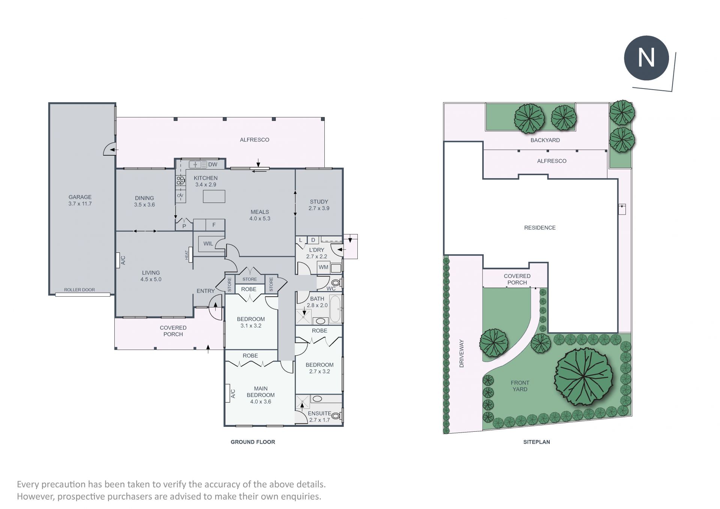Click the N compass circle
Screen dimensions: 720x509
pos(646,58)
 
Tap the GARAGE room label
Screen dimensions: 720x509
pos(80,197)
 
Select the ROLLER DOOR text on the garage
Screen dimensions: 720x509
pos(79,290)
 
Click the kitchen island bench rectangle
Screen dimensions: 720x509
pos(214,196)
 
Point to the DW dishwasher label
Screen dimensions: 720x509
pos(213,164)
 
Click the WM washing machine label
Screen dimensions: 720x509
pos(323,267)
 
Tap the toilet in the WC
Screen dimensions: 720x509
pos(336,282)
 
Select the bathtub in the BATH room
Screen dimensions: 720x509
pos(336,309)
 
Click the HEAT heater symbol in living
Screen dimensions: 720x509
pos(190,255)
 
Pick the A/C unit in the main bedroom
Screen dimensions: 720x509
pos(227,393)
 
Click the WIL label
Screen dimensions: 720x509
pos(208,243)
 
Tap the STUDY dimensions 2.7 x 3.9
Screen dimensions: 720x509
pos(319,208)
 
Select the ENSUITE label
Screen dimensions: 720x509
pos(319,413)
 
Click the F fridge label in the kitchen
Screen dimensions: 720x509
pos(214,225)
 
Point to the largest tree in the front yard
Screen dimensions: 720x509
pos(583,377)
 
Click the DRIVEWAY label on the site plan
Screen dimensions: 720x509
pos(462,353)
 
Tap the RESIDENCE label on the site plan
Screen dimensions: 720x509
pos(540,228)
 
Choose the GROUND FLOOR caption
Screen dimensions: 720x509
pos(253,442)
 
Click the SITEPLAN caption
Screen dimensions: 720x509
pos(537,442)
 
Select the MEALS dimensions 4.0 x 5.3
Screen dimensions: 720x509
pos(259,218)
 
